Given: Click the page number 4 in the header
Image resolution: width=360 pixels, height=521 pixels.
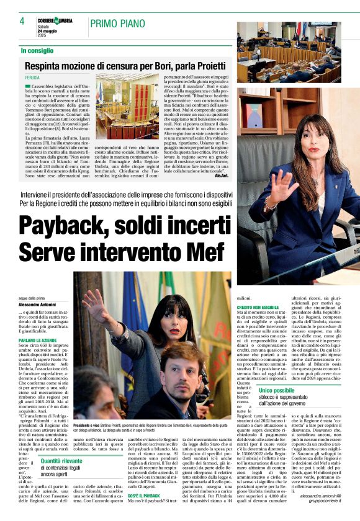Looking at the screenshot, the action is tap(22, 21).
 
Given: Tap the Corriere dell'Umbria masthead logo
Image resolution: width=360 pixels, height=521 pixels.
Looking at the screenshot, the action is tap(55, 20).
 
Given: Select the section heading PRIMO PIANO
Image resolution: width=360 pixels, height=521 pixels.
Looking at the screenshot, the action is tap(117, 24).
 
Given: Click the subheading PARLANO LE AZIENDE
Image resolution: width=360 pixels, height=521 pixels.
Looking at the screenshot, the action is tap(40, 339).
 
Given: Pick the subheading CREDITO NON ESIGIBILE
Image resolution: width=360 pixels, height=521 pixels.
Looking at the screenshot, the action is tap(257, 308).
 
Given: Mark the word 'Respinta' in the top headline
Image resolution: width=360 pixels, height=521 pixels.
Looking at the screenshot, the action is tap(44, 65).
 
